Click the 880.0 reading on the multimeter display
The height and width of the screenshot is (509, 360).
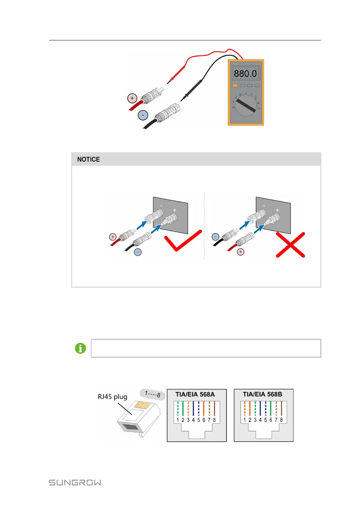click(245, 74)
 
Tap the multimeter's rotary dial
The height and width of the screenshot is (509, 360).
click(246, 106)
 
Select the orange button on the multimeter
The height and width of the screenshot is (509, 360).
click(235, 85)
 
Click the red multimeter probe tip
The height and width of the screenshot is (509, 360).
click(169, 82)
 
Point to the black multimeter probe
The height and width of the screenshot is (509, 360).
click(192, 89)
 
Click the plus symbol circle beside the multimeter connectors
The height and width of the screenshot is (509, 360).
click(132, 98)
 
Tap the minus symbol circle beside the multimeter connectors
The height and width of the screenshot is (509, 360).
click(143, 115)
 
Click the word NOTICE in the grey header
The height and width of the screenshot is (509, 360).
click(88, 159)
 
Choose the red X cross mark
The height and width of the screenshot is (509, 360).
click(290, 245)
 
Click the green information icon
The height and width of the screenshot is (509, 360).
click(80, 348)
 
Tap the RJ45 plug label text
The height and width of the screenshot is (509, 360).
click(113, 397)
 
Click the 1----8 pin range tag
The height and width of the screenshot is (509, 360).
click(153, 394)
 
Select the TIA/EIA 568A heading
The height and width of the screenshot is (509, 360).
click(195, 394)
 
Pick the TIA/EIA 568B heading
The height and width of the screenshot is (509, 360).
click(262, 394)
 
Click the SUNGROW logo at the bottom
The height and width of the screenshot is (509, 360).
click(75, 482)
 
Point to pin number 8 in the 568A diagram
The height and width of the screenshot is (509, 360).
click(214, 420)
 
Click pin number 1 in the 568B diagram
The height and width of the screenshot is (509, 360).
click(245, 420)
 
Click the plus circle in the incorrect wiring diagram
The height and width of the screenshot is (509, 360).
click(241, 252)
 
